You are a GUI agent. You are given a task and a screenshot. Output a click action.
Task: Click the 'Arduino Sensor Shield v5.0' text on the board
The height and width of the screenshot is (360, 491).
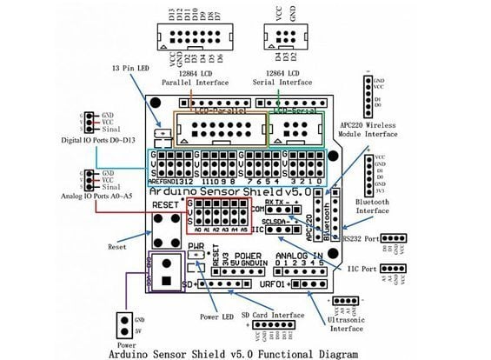235,190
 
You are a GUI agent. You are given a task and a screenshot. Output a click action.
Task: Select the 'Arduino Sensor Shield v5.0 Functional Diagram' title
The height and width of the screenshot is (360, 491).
246,353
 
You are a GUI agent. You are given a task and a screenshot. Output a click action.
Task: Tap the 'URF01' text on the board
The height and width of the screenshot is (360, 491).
272,283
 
